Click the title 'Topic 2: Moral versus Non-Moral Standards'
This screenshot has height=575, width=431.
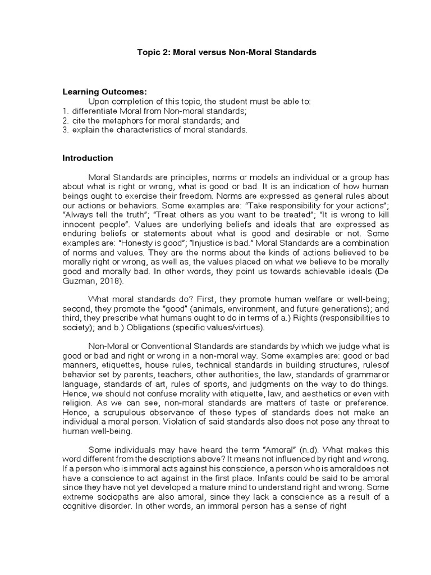[227, 52]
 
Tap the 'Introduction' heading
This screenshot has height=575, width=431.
[88, 158]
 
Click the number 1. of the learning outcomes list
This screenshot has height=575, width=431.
[65, 111]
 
